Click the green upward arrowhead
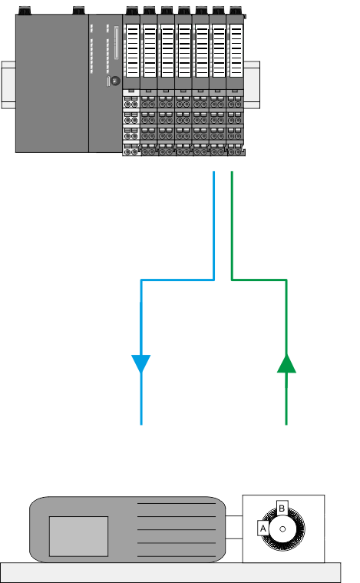click(x=286, y=363)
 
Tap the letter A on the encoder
click(x=263, y=528)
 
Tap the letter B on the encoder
click(x=282, y=508)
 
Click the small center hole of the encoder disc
click(x=282, y=529)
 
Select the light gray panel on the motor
click(x=78, y=536)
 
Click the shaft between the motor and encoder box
click(x=234, y=527)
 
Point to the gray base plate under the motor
click(x=170, y=572)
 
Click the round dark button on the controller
click(x=116, y=81)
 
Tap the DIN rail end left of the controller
click(x=8, y=84)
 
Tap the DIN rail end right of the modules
click(x=252, y=84)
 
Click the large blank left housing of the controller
click(x=52, y=83)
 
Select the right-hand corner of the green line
click(x=286, y=280)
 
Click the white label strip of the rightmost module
click(x=236, y=51)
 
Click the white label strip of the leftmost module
click(x=133, y=51)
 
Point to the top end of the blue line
click(x=214, y=171)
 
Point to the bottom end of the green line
click(x=286, y=424)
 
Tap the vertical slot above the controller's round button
click(x=116, y=43)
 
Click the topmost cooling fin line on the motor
click(x=177, y=503)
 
